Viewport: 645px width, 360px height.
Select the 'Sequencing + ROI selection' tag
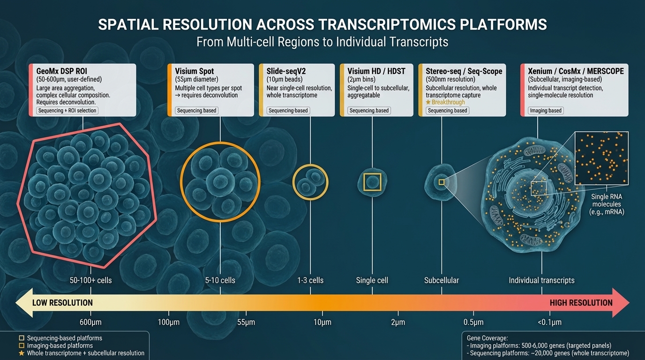click(67, 111)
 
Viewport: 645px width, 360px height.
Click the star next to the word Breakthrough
click(428, 102)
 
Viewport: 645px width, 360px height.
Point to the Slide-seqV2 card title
click(286, 71)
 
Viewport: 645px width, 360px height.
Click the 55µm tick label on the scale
click(246, 322)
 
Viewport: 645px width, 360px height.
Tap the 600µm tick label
click(90, 322)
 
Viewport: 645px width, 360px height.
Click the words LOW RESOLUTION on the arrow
click(62, 303)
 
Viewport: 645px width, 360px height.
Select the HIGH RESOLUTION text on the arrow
click(581, 303)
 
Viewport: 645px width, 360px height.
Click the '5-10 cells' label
click(220, 280)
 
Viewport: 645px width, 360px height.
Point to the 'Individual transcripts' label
click(541, 280)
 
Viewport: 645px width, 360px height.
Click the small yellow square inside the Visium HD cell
click(372, 182)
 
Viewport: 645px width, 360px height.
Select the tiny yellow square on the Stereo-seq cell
click(441, 182)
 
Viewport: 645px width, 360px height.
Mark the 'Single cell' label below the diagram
click(372, 280)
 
